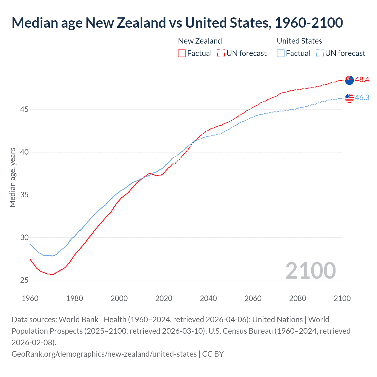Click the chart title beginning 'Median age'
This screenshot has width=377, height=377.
(177, 23)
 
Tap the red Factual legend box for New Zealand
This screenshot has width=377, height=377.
(182, 53)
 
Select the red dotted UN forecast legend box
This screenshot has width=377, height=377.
(221, 53)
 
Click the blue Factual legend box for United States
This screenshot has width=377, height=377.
(281, 53)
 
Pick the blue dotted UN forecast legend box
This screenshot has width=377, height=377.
(320, 53)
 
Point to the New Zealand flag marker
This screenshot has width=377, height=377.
(349, 80)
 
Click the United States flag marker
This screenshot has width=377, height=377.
(349, 98)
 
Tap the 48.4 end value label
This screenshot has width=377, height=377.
(362, 80)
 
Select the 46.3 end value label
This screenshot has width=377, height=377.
(362, 98)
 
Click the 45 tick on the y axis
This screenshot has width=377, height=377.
(24, 110)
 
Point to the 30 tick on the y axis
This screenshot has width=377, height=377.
(24, 237)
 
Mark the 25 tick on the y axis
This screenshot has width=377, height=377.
(24, 280)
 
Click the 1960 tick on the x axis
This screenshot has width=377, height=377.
(30, 298)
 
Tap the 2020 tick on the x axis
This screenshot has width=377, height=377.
(164, 298)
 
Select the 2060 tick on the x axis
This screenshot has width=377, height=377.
(253, 298)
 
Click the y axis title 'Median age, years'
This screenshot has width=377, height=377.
(13, 178)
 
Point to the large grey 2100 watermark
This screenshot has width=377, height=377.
(310, 271)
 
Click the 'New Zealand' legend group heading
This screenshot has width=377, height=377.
(200, 41)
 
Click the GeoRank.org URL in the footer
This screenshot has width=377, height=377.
(104, 354)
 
